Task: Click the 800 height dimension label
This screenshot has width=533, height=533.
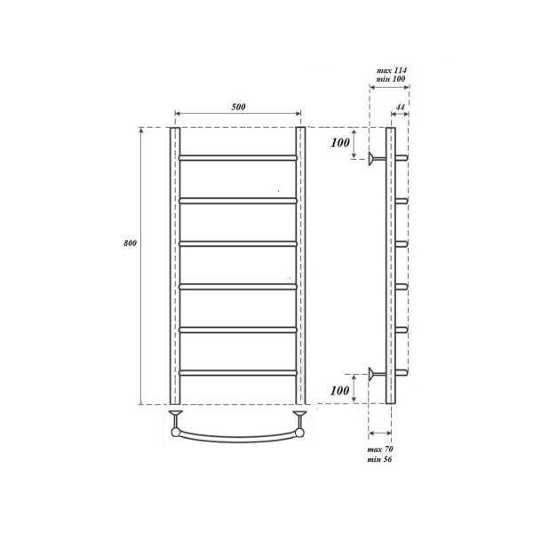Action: (131, 245)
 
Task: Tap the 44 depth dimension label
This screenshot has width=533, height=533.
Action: (401, 107)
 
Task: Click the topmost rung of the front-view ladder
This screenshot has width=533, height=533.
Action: (237, 158)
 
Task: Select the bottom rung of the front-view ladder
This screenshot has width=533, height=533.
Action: (237, 371)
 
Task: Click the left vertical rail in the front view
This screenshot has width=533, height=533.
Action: (175, 266)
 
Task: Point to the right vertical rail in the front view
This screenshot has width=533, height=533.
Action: (300, 266)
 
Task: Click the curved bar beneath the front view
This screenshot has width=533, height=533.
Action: (237, 436)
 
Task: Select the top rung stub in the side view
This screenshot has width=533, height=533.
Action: (401, 158)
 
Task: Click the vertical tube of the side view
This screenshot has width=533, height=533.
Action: (390, 266)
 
